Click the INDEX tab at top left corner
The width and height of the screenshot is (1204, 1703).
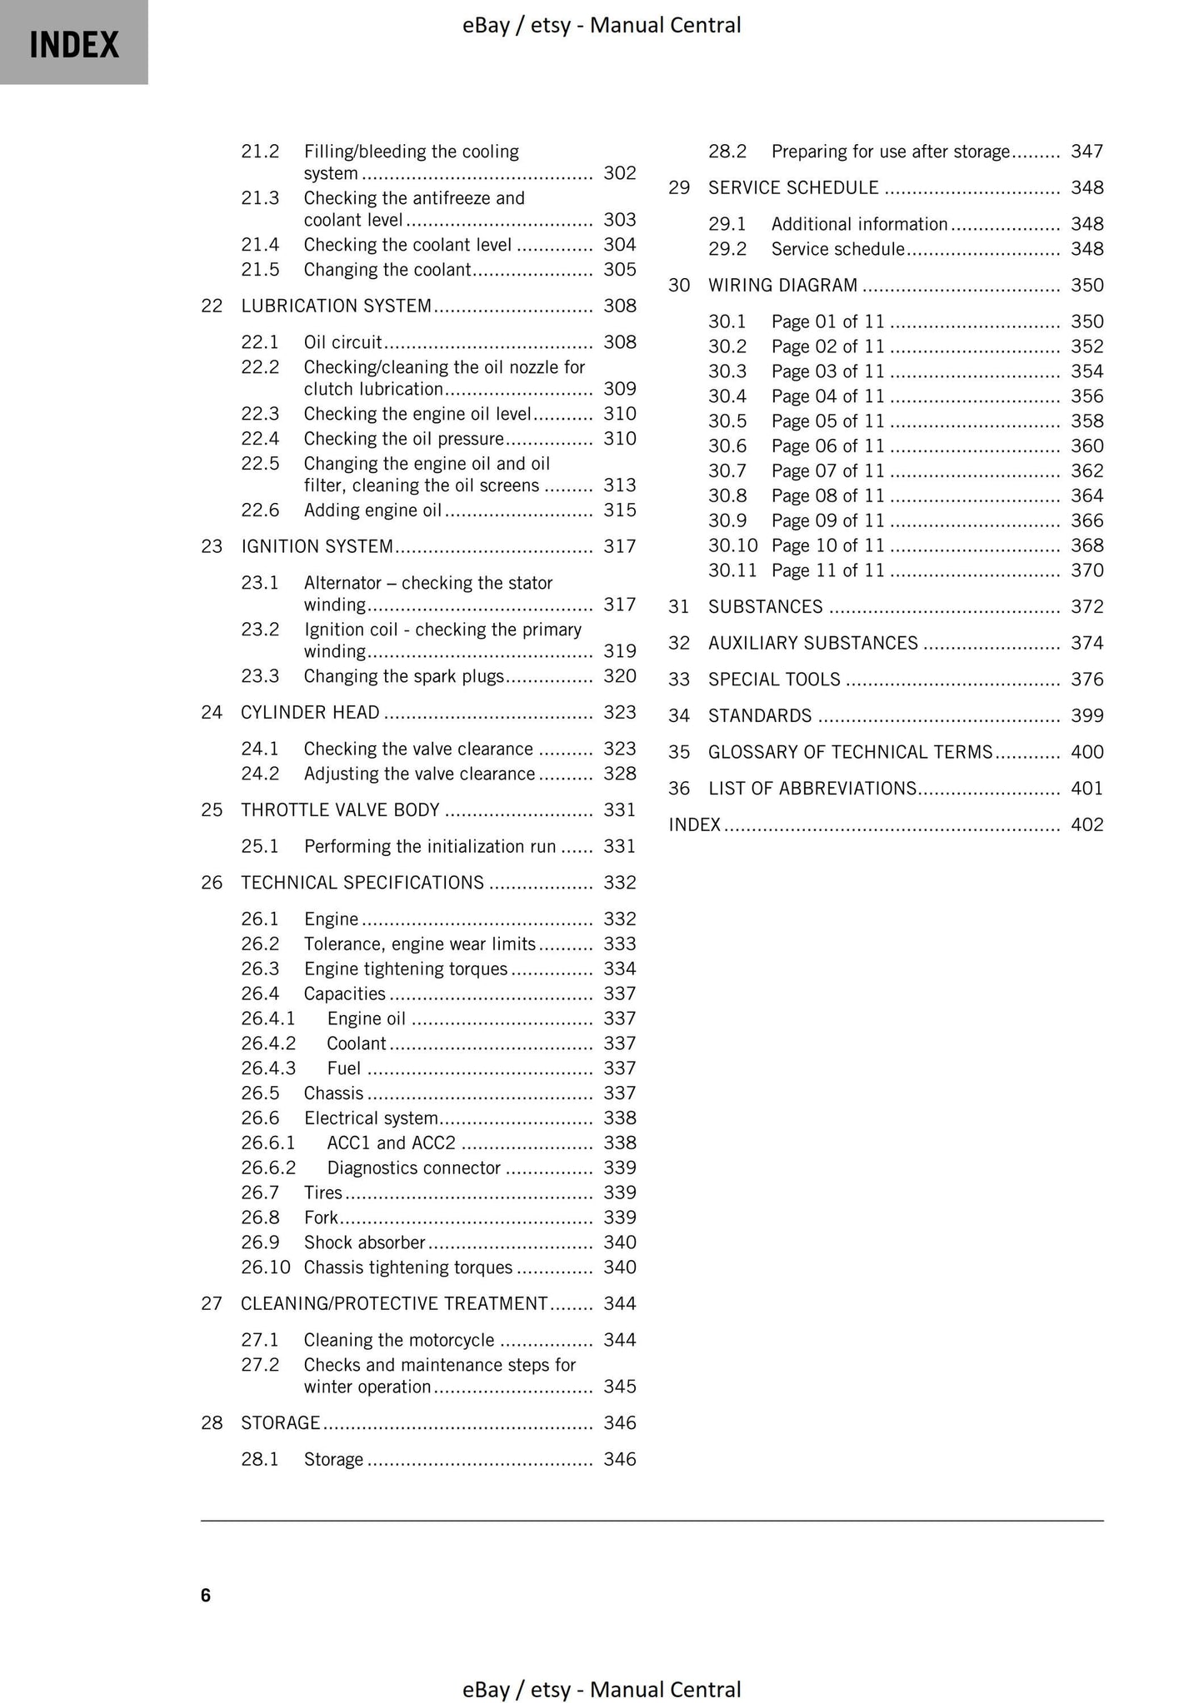click(x=73, y=43)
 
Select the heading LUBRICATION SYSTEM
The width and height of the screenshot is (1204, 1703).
click(x=336, y=306)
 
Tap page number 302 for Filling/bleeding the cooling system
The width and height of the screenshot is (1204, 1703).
click(x=619, y=173)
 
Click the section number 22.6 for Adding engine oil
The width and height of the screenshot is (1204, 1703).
click(x=260, y=510)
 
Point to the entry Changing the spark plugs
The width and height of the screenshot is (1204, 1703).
click(x=404, y=676)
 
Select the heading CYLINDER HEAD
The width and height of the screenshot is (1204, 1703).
click(x=310, y=712)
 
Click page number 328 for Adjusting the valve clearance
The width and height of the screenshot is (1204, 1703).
click(x=619, y=774)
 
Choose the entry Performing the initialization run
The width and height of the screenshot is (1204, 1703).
click(x=429, y=846)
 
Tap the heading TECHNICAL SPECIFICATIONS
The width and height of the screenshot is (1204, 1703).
click(x=362, y=883)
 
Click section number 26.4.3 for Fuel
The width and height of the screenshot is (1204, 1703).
click(x=268, y=1068)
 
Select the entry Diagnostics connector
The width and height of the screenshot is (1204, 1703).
click(x=413, y=1168)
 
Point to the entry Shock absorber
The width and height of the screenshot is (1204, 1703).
click(x=364, y=1242)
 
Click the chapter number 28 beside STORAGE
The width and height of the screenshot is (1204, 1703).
click(x=212, y=1422)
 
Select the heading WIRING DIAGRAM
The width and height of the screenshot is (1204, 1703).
click(x=782, y=286)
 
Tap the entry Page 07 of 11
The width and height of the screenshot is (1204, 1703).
click(x=827, y=471)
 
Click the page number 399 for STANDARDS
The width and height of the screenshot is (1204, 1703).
click(x=1087, y=716)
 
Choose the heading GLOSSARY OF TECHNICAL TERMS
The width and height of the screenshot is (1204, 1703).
click(x=850, y=752)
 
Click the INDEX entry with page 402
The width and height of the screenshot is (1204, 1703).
click(x=695, y=824)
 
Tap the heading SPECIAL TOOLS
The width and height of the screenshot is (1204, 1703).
click(x=774, y=680)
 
